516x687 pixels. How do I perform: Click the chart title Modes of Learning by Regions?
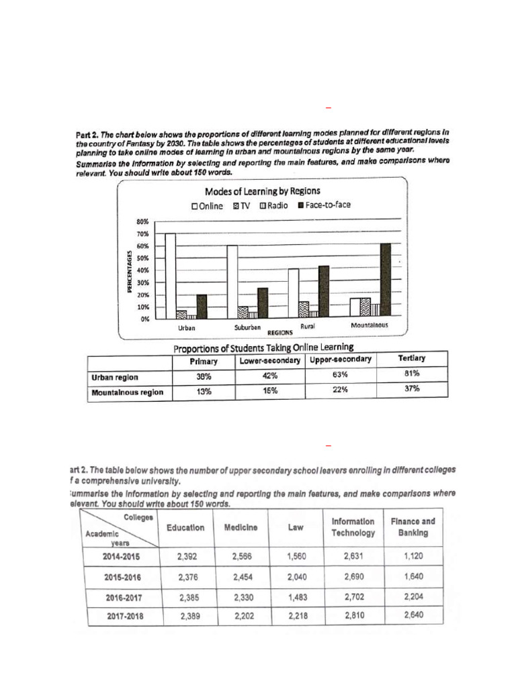coord(262,192)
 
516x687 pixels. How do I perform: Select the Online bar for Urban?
coord(170,276)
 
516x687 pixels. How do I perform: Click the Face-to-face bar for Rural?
coord(324,291)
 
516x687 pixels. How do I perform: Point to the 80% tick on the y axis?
coord(142,221)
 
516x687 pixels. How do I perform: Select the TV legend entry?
coord(241,206)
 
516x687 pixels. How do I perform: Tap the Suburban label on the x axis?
coord(247,328)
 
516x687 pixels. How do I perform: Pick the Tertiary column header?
coord(411,358)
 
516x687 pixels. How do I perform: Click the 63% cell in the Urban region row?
coord(340,375)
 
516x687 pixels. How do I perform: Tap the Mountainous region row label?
coord(127,392)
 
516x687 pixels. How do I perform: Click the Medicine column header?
coord(240,527)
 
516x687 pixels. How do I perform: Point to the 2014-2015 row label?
coord(122,556)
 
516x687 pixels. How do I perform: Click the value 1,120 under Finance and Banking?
coord(413,556)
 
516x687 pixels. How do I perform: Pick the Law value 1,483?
coord(295,596)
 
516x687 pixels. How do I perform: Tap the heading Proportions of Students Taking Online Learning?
coord(263,347)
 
